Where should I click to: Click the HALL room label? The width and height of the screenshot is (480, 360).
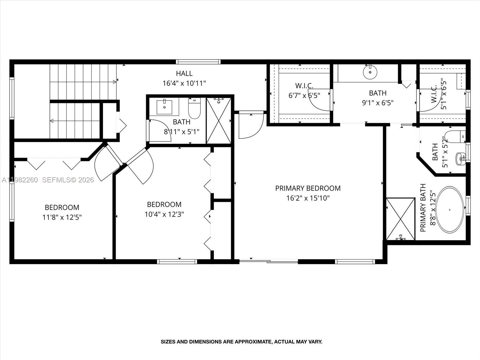pyautogui.click(x=184, y=73)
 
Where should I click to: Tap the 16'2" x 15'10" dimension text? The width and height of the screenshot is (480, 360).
pyautogui.click(x=308, y=198)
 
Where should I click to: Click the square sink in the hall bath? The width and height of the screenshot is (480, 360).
pyautogui.click(x=164, y=107)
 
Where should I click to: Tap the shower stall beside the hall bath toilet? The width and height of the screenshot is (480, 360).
pyautogui.click(x=219, y=121)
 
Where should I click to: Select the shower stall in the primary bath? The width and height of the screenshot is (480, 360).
pyautogui.click(x=400, y=219)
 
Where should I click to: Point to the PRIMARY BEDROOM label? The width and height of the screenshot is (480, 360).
pyautogui.click(x=308, y=188)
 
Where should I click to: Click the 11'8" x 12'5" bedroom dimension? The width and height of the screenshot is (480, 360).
pyautogui.click(x=62, y=217)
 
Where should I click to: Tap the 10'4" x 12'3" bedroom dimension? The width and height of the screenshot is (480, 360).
pyautogui.click(x=164, y=214)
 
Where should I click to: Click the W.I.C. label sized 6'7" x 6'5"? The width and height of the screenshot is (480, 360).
pyautogui.click(x=304, y=86)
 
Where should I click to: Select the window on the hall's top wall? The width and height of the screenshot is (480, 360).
pyautogui.click(x=198, y=62)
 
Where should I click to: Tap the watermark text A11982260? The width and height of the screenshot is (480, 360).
pyautogui.click(x=20, y=180)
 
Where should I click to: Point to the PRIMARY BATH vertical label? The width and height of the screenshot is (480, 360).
pyautogui.click(x=423, y=208)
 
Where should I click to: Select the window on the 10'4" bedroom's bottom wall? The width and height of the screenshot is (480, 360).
pyautogui.click(x=177, y=262)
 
